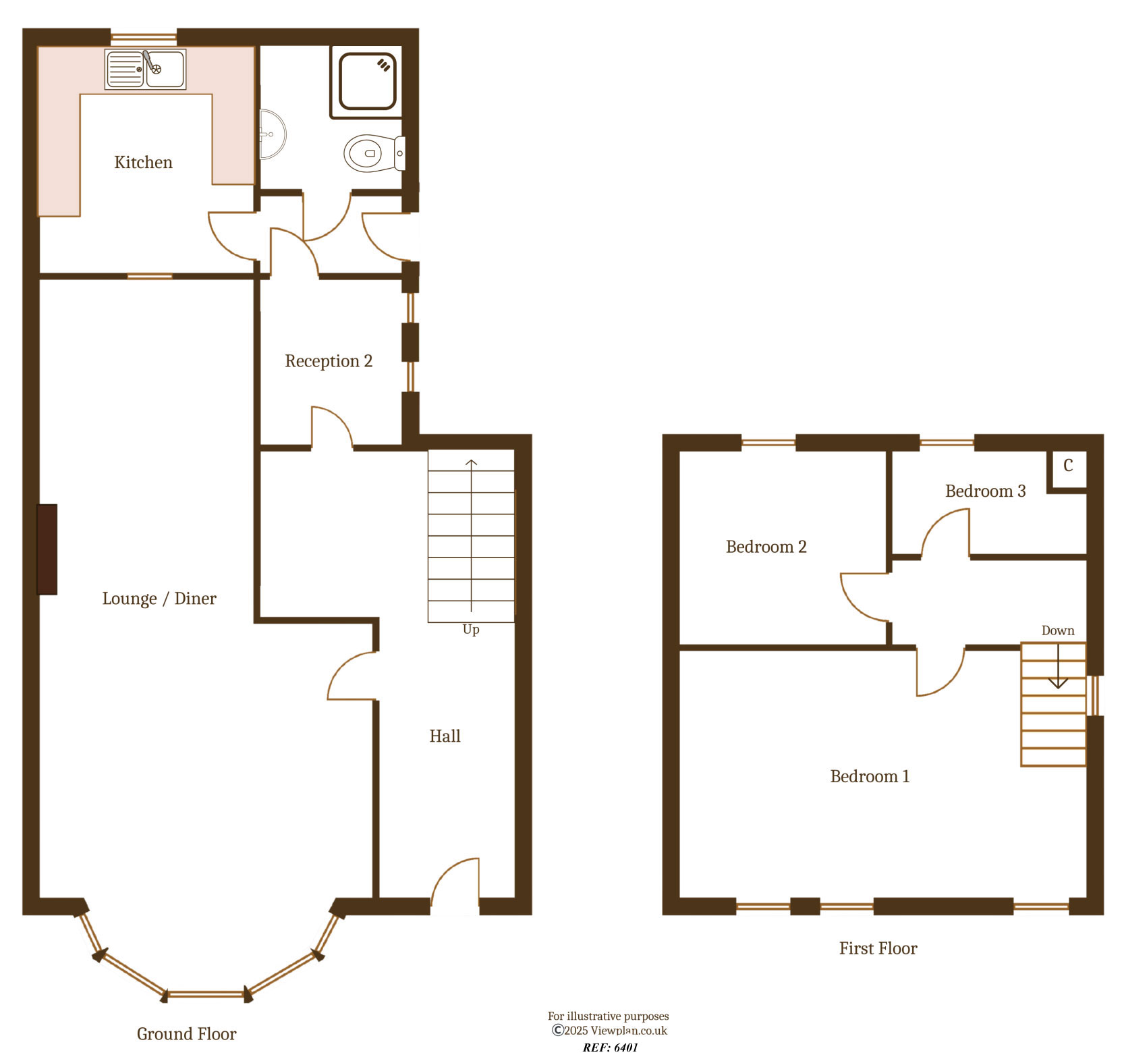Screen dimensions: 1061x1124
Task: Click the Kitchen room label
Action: point(143,163)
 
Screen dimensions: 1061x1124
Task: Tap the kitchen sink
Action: point(145,70)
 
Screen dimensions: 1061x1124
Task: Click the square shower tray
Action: point(367,81)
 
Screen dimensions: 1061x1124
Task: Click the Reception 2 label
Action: point(329,361)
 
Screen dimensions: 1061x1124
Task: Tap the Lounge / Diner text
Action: point(159,599)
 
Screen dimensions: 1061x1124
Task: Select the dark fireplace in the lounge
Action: point(47,549)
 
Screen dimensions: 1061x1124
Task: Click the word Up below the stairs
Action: point(471,630)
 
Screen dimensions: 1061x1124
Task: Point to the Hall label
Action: point(445,736)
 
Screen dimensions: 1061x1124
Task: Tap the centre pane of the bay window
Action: point(206,994)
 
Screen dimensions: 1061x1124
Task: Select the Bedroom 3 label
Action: point(985,491)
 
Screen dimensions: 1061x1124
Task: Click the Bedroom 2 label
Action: point(766,547)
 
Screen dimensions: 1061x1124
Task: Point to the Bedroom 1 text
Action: point(870,777)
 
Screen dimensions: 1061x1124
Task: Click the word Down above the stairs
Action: point(1057,631)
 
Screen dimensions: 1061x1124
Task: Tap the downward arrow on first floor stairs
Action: point(1057,668)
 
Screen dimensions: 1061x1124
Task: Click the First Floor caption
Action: point(878,949)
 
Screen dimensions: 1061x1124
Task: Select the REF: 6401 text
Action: point(610,1048)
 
